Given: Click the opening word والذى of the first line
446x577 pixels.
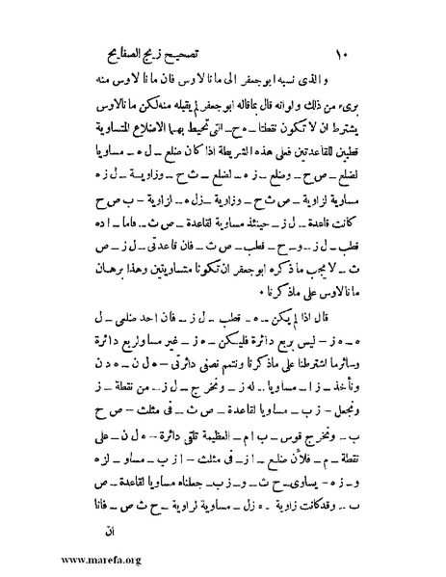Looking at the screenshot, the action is click(x=345, y=76).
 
